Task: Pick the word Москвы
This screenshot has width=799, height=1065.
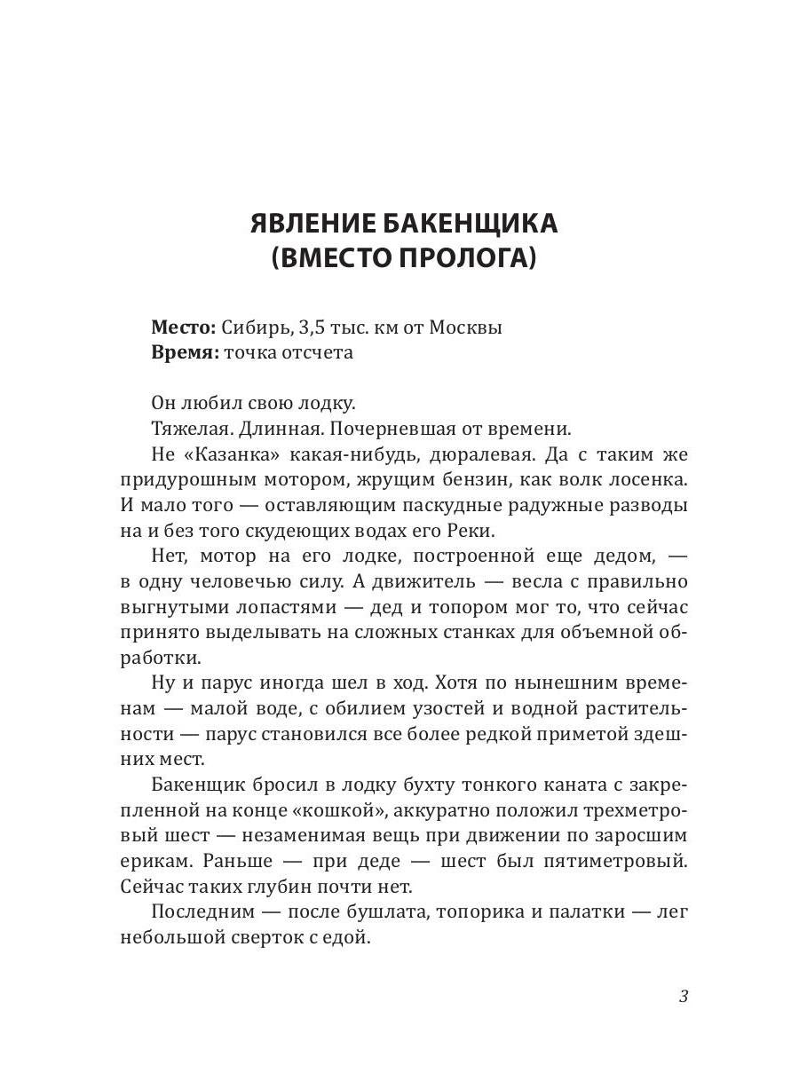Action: [x=466, y=327]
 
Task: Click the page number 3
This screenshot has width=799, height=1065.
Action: [x=683, y=996]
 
